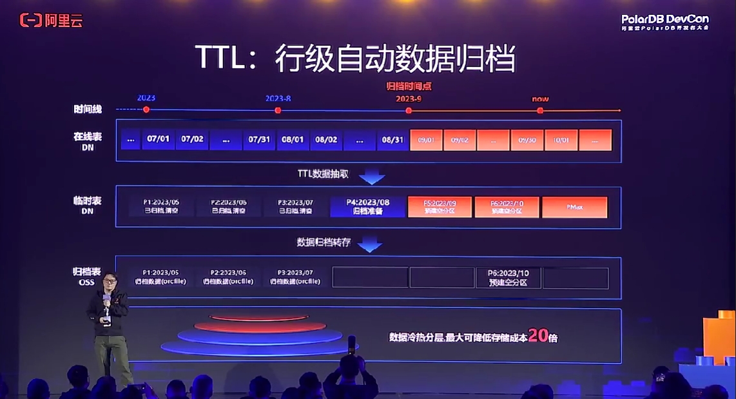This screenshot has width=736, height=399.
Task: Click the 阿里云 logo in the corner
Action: [x=52, y=21]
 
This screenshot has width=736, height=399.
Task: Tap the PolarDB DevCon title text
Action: [x=664, y=19]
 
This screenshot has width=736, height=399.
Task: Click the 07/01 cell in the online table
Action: [x=158, y=139]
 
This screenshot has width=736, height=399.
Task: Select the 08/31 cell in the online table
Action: [x=392, y=139]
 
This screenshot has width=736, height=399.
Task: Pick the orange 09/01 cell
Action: [x=426, y=139]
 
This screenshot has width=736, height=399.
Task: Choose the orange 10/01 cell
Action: [x=561, y=139]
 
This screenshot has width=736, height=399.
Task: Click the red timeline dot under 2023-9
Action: [x=409, y=110]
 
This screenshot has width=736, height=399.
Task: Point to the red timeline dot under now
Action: [x=540, y=110]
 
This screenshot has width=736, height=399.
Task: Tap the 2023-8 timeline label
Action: [x=278, y=99]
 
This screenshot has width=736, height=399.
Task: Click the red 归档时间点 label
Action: [x=409, y=86]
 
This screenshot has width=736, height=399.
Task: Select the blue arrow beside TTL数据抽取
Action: [x=371, y=177]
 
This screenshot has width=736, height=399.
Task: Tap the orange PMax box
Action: [x=575, y=207]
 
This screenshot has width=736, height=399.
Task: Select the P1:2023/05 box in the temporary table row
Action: [x=162, y=206]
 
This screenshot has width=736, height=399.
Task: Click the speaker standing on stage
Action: [x=110, y=322]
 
